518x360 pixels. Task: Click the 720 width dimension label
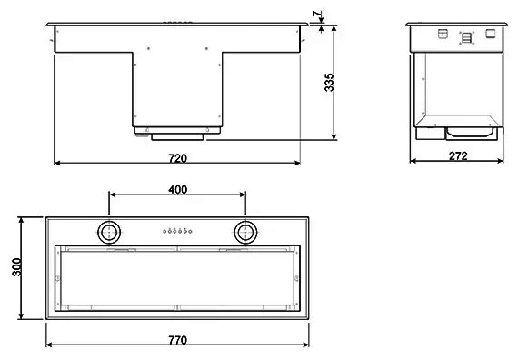(178, 158)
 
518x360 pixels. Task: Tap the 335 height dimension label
(329, 83)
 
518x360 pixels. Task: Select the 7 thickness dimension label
(317, 14)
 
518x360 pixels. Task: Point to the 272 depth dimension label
(458, 155)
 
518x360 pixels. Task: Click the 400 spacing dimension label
(178, 190)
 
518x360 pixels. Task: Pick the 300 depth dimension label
(16, 267)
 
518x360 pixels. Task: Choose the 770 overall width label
(178, 340)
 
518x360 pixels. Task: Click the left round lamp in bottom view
(109, 233)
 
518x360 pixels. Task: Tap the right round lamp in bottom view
(245, 233)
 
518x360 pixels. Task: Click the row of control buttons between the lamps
(177, 231)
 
